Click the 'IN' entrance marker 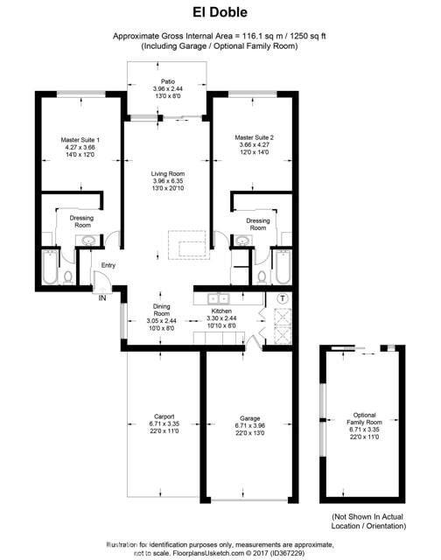103,297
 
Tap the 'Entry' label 108,265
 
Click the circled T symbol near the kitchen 282,298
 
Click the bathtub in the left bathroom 50,267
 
